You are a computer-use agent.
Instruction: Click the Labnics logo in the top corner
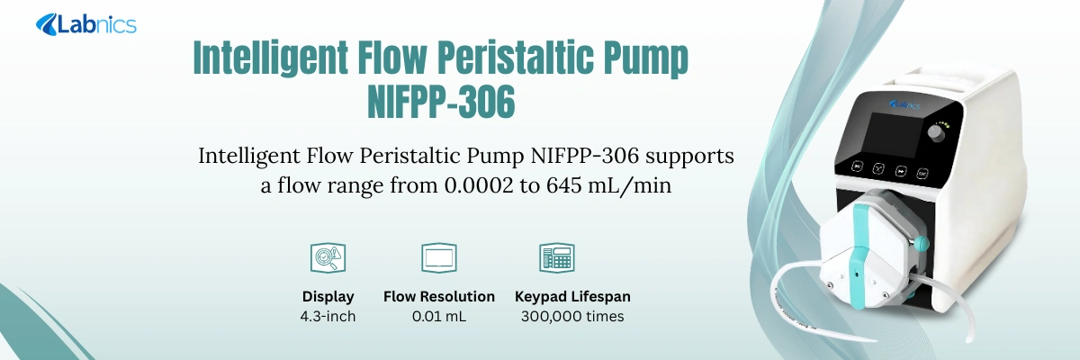(x=86, y=24)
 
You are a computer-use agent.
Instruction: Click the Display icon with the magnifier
(x=328, y=257)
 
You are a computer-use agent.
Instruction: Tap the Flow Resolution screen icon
(x=438, y=257)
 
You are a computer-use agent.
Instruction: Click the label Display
(x=328, y=296)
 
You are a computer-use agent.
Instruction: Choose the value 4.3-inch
(x=328, y=316)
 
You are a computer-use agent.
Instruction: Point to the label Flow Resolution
(x=439, y=296)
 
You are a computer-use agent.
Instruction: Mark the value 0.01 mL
(x=439, y=316)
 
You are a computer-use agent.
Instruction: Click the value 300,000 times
(x=572, y=316)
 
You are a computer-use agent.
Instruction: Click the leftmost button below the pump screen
(x=857, y=166)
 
